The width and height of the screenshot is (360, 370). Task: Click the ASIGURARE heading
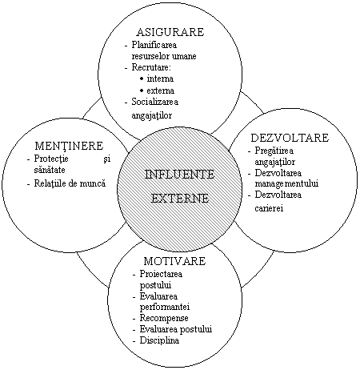(170, 32)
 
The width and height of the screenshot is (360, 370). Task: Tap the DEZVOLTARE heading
(290, 138)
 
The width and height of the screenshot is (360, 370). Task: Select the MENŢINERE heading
(69, 146)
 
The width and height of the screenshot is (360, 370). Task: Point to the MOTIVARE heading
(174, 261)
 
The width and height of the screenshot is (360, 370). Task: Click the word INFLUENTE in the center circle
(179, 175)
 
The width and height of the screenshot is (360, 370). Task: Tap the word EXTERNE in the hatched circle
(180, 198)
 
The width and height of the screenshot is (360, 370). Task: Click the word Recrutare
(151, 67)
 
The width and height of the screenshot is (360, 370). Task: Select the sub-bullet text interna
(160, 78)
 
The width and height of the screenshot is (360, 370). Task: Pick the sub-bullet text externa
(161, 90)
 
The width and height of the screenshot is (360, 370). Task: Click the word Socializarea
(155, 102)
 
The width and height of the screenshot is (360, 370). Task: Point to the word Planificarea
(154, 45)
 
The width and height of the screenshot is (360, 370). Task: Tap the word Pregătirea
(274, 151)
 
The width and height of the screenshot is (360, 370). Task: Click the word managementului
(286, 183)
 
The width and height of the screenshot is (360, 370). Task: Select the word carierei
(269, 208)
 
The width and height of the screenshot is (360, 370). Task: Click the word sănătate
(50, 170)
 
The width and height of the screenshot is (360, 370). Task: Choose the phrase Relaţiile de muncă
(70, 183)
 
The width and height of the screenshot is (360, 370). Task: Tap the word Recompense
(164, 318)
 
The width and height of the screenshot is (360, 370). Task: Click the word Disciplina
(159, 340)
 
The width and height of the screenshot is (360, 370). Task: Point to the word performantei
(165, 307)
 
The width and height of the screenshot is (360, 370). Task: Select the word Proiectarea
(161, 274)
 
